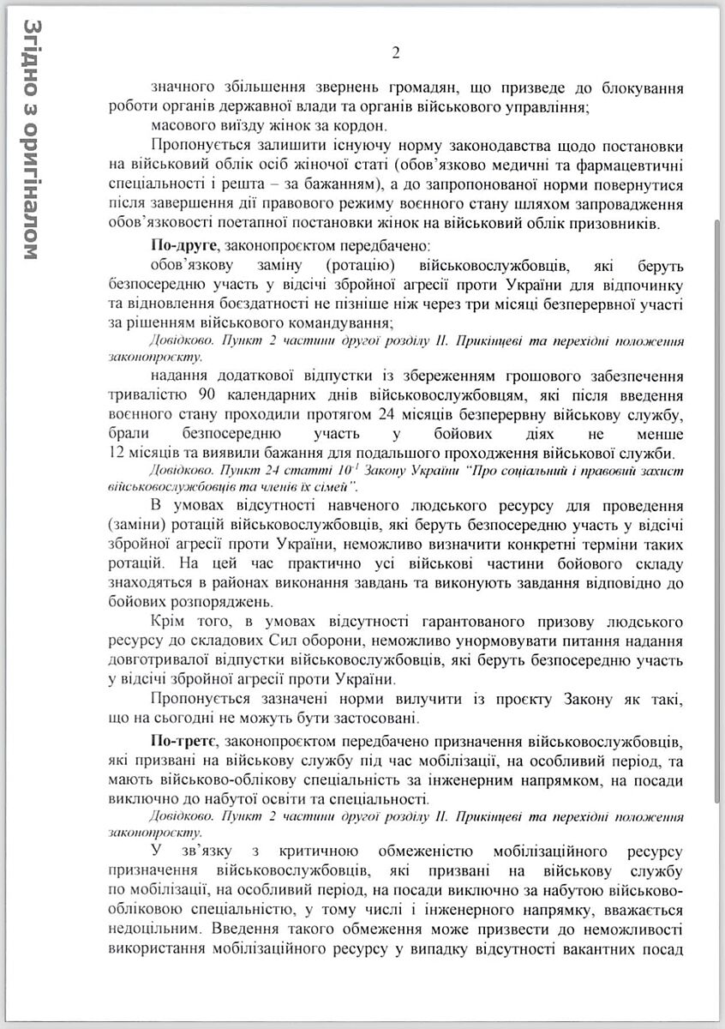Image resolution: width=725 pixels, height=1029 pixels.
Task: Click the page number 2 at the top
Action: click(396, 54)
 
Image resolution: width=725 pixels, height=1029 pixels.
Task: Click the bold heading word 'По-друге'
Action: click(182, 244)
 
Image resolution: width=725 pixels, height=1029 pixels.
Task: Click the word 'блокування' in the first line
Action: click(641, 87)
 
